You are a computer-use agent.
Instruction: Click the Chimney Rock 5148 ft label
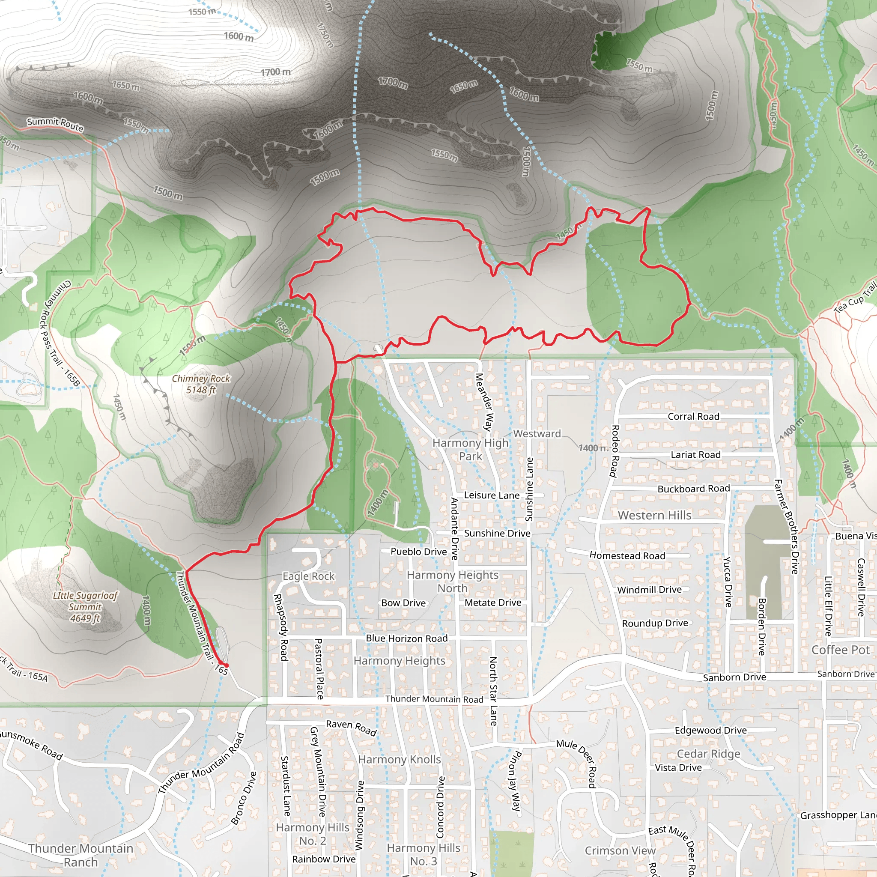pyautogui.click(x=201, y=384)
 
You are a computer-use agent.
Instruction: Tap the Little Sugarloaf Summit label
pyautogui.click(x=85, y=606)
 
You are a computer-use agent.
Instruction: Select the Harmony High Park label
pyautogui.click(x=470, y=449)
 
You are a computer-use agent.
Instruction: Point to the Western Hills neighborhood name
pyautogui.click(x=654, y=515)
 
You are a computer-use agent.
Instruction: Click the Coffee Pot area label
pyautogui.click(x=840, y=650)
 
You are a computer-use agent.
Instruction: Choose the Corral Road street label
pyautogui.click(x=693, y=416)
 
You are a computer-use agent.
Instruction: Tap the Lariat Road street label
pyautogui.click(x=695, y=454)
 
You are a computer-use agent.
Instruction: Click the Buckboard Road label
pyautogui.click(x=693, y=489)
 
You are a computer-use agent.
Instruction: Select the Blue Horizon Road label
pyautogui.click(x=407, y=638)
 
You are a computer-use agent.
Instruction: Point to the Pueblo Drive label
pyautogui.click(x=418, y=552)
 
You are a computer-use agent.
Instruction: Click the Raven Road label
pyautogui.click(x=351, y=727)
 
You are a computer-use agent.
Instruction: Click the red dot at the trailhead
pyautogui.click(x=227, y=665)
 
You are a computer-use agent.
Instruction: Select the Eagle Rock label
pyautogui.click(x=308, y=576)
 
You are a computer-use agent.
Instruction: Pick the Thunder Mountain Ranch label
pyautogui.click(x=81, y=855)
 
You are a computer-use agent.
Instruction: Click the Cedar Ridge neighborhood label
pyautogui.click(x=708, y=754)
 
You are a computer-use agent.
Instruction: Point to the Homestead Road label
pyautogui.click(x=627, y=555)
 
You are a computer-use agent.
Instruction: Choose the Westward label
pyautogui.click(x=537, y=433)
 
